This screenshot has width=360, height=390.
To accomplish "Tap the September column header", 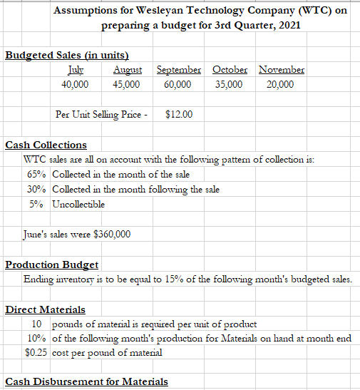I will (x=178, y=70).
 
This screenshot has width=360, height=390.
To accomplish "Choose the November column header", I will (x=281, y=70).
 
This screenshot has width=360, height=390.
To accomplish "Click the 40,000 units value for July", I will (x=75, y=84).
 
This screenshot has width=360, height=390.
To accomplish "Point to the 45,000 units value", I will (x=126, y=84).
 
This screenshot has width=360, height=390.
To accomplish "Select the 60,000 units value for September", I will (x=177, y=84).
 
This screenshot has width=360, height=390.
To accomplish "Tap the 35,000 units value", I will (x=228, y=84).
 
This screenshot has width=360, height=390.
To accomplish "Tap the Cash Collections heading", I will (x=46, y=145).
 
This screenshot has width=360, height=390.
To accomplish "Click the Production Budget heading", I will (x=51, y=265).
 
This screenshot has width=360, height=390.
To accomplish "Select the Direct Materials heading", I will (x=45, y=310).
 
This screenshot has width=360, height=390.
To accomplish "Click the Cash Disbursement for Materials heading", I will (x=86, y=381).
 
